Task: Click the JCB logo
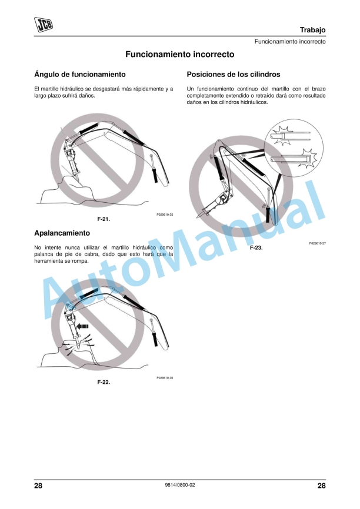point(44,25)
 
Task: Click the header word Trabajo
point(312,30)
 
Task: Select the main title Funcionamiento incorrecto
point(179,54)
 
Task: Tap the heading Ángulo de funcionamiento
point(80,74)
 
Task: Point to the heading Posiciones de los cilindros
point(234,74)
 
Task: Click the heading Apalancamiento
point(62,233)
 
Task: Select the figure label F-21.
point(104,219)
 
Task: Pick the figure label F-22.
point(104,382)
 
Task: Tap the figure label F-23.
point(256,247)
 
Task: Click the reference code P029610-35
point(165,215)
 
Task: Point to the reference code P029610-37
point(318,243)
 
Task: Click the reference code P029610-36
point(165,378)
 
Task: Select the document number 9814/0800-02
point(180,485)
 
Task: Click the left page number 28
point(38,485)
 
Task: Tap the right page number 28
point(322,485)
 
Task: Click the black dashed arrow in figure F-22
point(83,326)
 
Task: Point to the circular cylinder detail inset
point(294,148)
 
